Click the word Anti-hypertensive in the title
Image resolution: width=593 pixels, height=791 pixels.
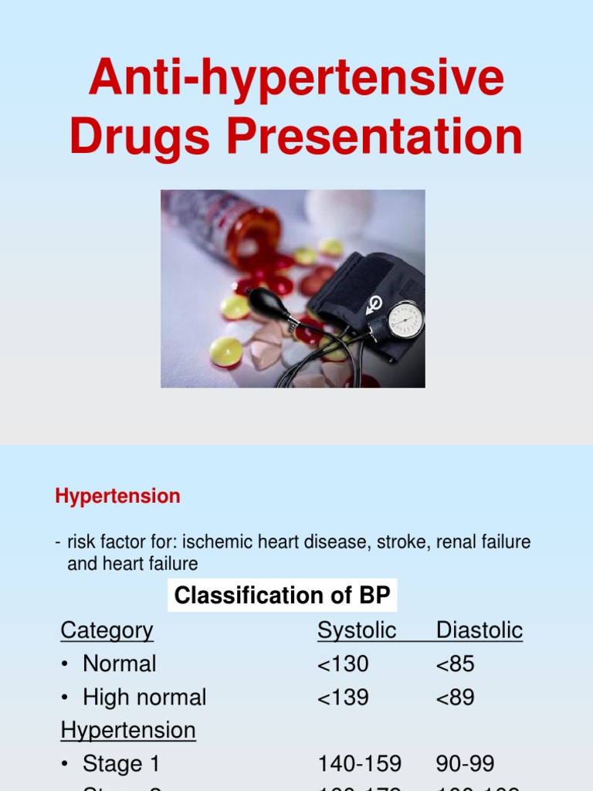tap(296, 80)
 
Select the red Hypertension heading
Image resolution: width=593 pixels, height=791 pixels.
tap(117, 496)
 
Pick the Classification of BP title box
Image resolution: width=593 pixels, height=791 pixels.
tap(283, 596)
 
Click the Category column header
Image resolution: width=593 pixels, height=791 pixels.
tap(107, 630)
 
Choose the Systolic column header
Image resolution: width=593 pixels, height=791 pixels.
tap(356, 630)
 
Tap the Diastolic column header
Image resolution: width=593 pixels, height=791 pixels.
tap(479, 630)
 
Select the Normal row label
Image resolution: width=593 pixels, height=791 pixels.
tap(119, 664)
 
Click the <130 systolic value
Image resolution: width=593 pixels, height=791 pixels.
tap(343, 664)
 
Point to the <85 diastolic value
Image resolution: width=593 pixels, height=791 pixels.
tap(455, 664)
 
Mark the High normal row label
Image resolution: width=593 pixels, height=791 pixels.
tap(144, 698)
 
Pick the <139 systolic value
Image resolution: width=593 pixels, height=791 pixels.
tap(343, 698)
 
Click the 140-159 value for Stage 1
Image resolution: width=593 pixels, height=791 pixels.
tap(359, 764)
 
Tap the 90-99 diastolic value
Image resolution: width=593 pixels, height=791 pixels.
tap(465, 764)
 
